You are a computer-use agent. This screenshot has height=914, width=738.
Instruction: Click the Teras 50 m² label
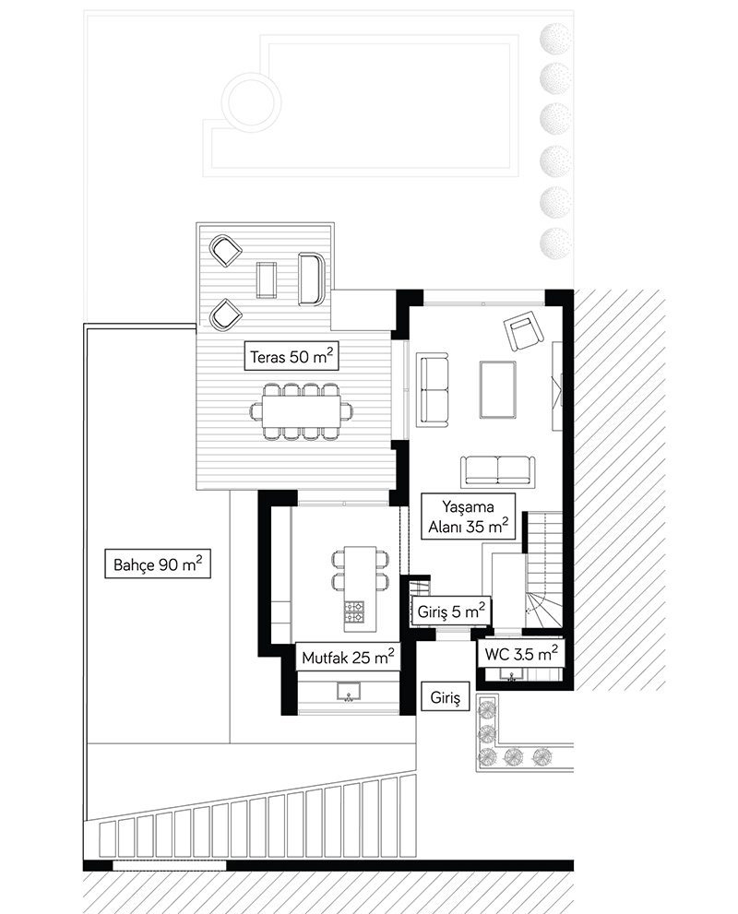click(x=292, y=356)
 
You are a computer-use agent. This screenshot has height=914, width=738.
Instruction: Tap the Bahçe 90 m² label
click(x=158, y=564)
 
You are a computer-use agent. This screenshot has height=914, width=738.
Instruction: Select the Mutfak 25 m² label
click(x=348, y=657)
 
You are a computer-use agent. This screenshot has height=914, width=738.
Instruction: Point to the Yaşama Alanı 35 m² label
click(x=468, y=516)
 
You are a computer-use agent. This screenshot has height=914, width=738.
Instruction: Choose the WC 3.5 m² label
click(x=520, y=653)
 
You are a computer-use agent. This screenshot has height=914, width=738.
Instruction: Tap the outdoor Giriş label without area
click(x=446, y=697)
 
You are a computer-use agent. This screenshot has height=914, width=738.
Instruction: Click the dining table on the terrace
click(x=302, y=411)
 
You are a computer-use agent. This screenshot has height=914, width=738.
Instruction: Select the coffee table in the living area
click(x=497, y=389)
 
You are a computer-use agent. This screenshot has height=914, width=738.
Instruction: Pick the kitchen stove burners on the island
click(x=354, y=612)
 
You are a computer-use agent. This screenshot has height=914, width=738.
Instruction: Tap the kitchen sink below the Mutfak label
click(x=349, y=692)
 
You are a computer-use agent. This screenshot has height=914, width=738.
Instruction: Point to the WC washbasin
click(x=512, y=675)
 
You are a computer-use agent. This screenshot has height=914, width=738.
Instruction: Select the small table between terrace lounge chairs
click(x=267, y=279)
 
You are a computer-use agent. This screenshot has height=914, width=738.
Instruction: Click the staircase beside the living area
click(x=544, y=569)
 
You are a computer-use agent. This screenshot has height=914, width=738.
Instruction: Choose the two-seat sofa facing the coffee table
click(x=434, y=388)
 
